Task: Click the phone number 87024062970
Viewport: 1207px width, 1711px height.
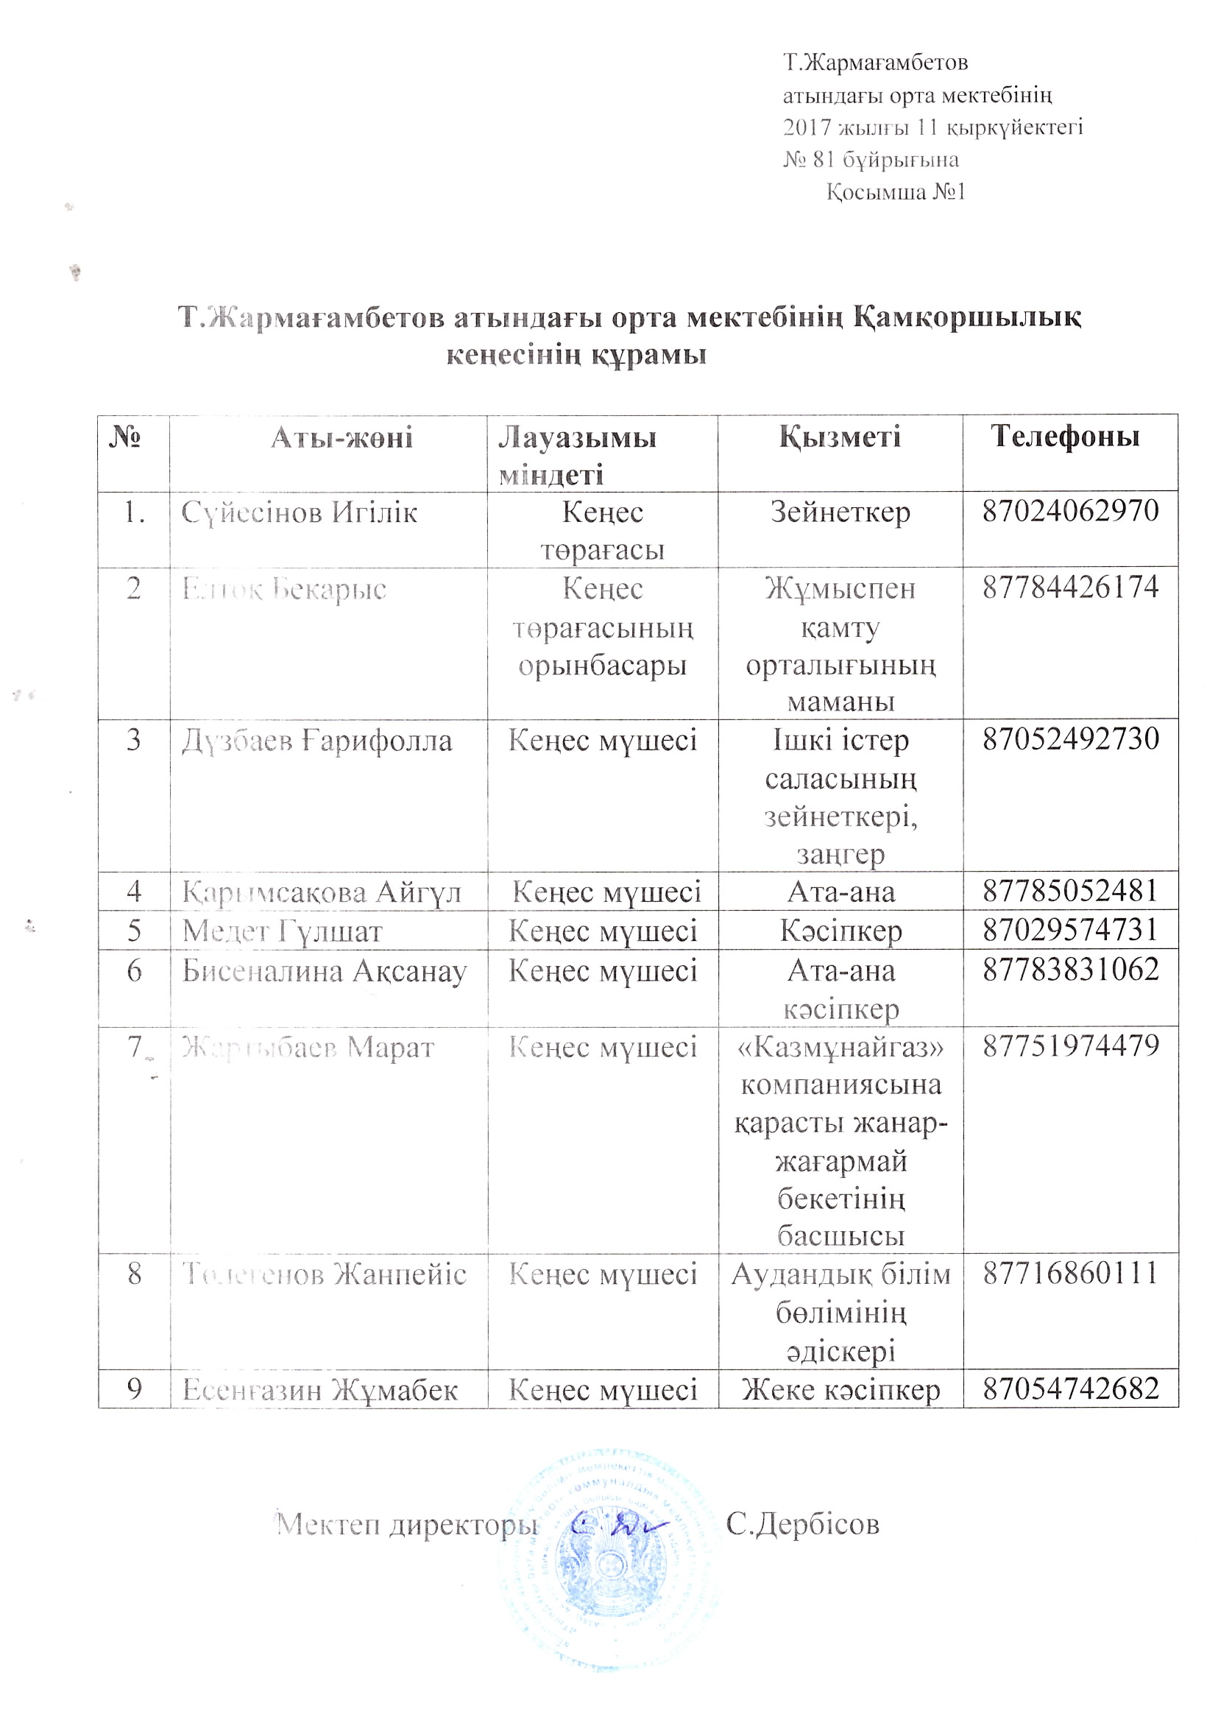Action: (x=1070, y=510)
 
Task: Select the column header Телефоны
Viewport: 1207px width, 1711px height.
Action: (x=1065, y=436)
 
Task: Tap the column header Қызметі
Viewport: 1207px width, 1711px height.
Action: (x=840, y=437)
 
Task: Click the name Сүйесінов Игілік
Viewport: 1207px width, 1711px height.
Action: (x=299, y=512)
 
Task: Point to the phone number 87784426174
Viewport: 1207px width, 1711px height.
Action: (x=1070, y=588)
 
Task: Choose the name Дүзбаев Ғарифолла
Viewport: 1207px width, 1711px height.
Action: (x=316, y=741)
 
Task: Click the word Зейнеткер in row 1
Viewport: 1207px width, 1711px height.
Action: (x=840, y=512)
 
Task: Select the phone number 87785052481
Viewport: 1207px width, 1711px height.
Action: (x=1070, y=891)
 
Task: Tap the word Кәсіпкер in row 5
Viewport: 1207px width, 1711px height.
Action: (x=840, y=931)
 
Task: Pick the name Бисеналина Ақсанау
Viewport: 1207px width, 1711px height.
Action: (x=324, y=971)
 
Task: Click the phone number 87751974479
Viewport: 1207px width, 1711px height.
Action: (x=1070, y=1045)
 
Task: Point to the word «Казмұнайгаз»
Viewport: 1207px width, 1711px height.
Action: (x=840, y=1047)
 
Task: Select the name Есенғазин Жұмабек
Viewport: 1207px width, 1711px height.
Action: (x=319, y=1390)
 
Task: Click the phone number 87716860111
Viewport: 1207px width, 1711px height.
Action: (x=1070, y=1273)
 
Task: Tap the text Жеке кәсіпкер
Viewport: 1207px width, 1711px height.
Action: (x=840, y=1390)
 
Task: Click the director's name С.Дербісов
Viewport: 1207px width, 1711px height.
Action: (x=802, y=1524)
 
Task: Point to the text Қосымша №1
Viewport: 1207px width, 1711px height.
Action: (x=896, y=192)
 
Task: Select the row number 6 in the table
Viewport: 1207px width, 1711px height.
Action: (x=134, y=970)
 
